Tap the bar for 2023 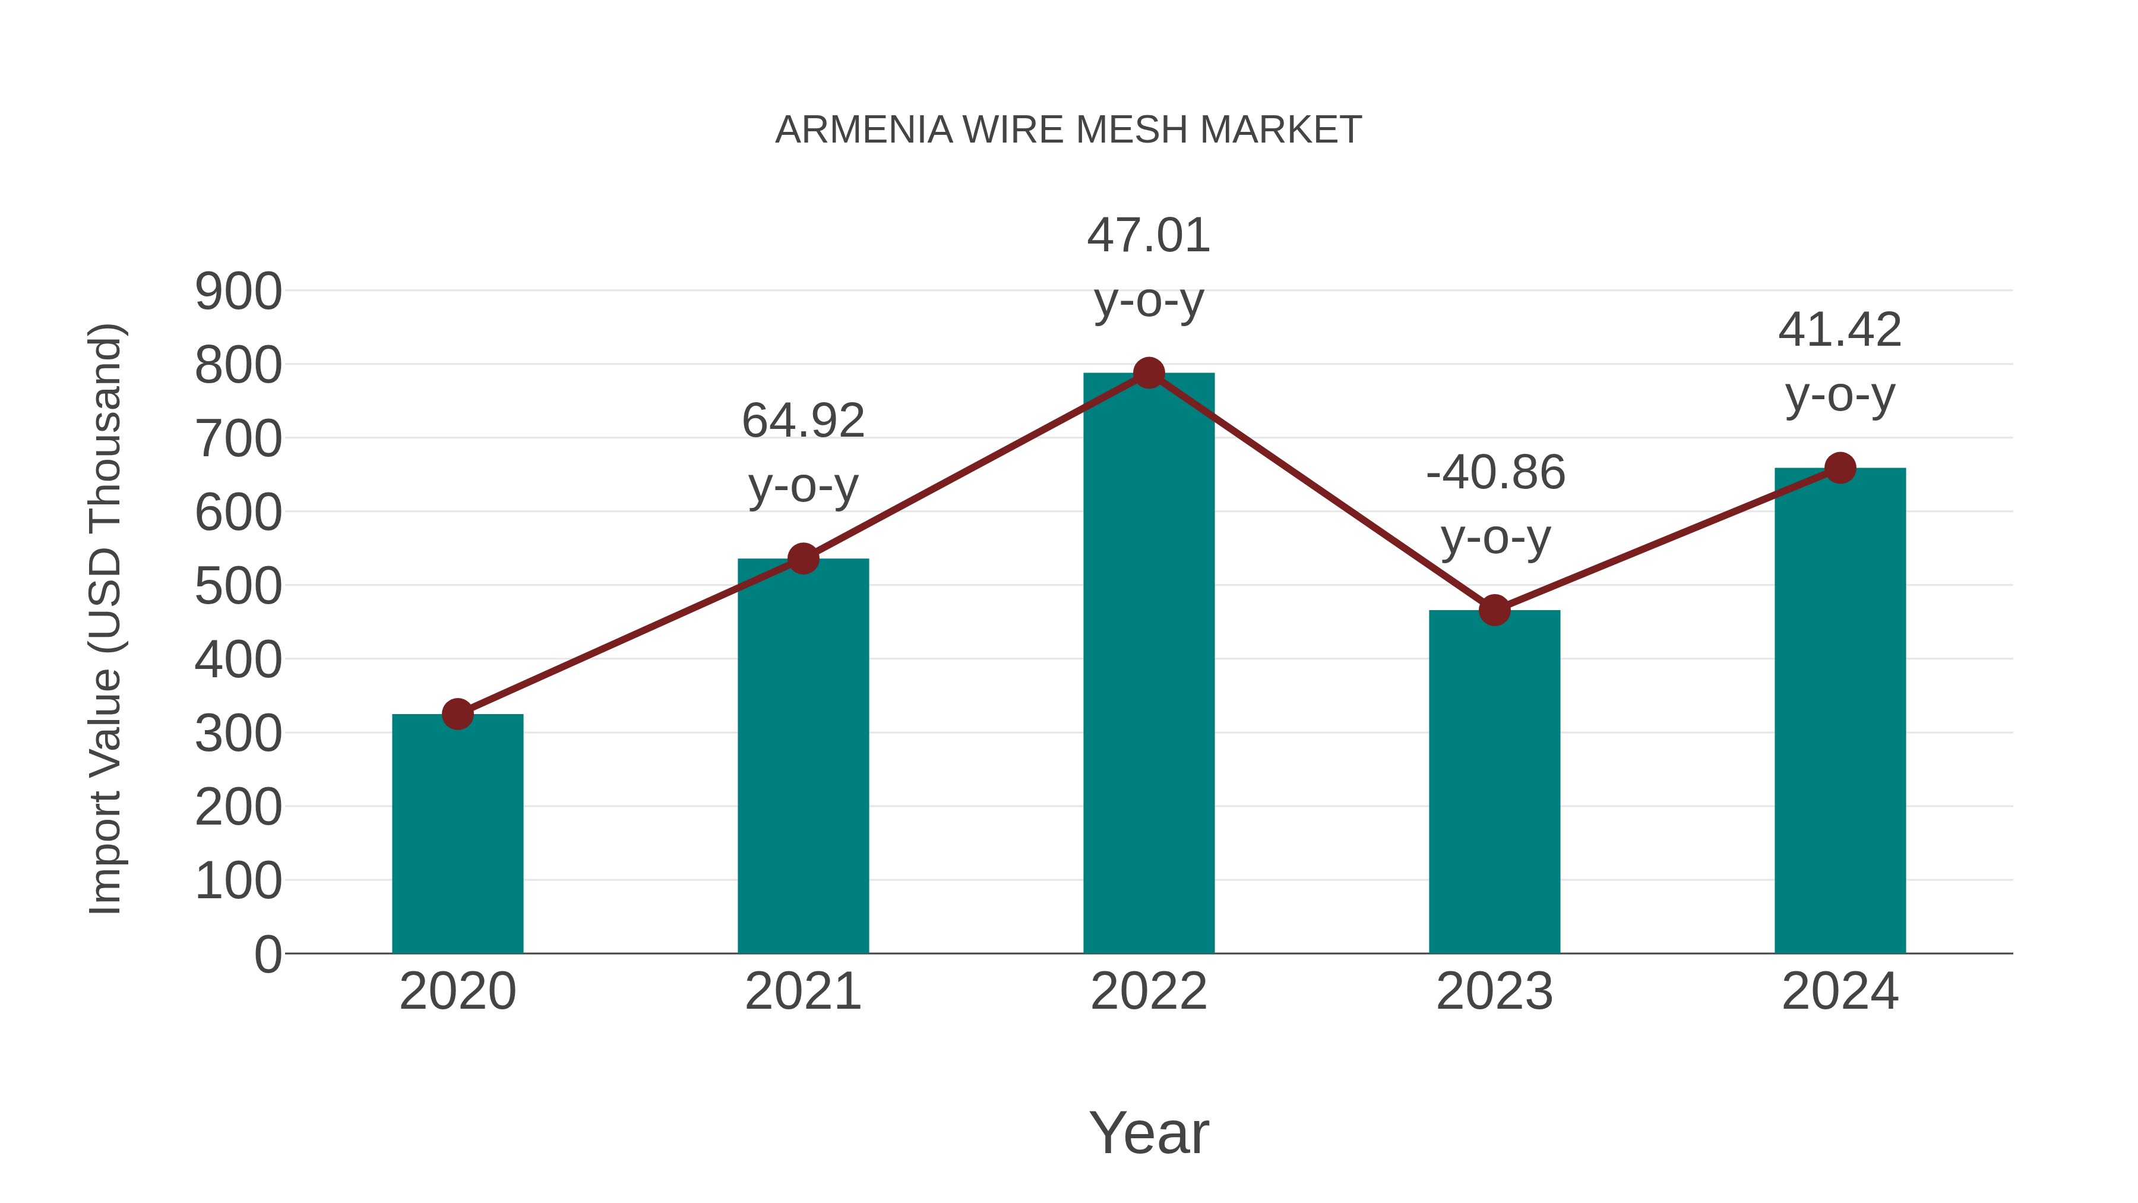click(x=1494, y=781)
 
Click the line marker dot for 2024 click(x=1840, y=468)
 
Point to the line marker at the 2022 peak click(x=1149, y=374)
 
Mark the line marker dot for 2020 click(x=457, y=714)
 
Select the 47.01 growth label click(x=1149, y=236)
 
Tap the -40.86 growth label click(x=1495, y=473)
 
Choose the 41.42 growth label click(x=1840, y=330)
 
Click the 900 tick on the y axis click(x=238, y=292)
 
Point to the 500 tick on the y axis click(x=238, y=587)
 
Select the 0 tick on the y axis click(x=268, y=955)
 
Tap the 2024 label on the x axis click(x=1840, y=992)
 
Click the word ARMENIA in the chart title click(x=863, y=130)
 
